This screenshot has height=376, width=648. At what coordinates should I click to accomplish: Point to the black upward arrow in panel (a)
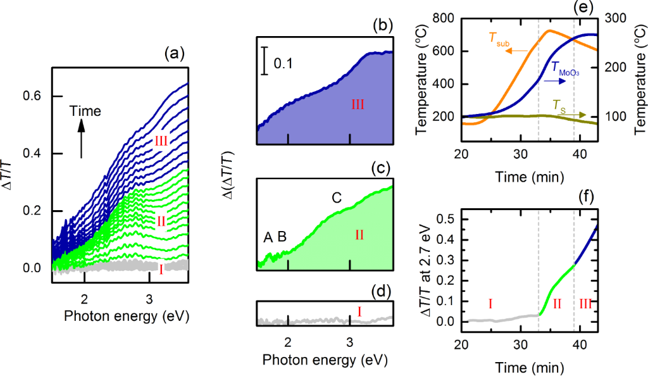(82, 139)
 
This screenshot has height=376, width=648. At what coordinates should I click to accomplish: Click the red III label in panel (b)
(358, 104)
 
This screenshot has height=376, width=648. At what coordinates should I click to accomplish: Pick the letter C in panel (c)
(337, 198)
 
